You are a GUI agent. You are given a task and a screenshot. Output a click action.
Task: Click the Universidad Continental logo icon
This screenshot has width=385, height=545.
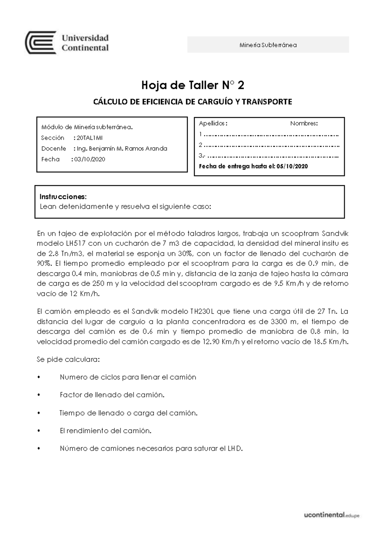point(41,43)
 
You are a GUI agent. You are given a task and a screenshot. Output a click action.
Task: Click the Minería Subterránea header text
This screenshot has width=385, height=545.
point(268,45)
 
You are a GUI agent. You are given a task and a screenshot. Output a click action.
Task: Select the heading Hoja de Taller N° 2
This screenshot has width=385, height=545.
point(193,86)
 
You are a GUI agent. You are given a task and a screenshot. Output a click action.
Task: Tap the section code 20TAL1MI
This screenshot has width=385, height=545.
point(90,138)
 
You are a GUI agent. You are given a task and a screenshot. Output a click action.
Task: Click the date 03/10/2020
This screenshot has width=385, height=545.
point(90,160)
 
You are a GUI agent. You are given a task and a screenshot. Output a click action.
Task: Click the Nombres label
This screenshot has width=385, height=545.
point(304,124)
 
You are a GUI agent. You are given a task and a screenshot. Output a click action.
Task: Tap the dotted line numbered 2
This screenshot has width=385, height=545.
point(271,145)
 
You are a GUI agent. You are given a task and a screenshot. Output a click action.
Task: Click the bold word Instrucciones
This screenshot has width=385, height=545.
point(63,196)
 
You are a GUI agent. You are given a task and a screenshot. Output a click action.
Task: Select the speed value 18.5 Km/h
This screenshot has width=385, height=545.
point(330,342)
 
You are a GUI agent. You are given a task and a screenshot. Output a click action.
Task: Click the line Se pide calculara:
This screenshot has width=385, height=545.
point(68,359)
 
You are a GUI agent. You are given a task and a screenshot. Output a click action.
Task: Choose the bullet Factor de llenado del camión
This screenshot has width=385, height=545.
point(112,395)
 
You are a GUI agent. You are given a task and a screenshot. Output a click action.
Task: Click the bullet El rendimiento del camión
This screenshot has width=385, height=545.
point(106,431)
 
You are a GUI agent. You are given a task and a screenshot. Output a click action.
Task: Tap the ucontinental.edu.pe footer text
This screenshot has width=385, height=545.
point(331,515)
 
